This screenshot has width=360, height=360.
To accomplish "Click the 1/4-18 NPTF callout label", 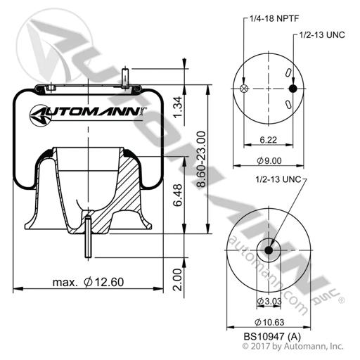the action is tap(274, 18).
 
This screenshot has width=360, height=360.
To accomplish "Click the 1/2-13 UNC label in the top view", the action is tap(322, 35).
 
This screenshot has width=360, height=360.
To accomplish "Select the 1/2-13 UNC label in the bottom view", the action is tap(278, 179).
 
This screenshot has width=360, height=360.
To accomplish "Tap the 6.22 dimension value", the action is tap(269, 140).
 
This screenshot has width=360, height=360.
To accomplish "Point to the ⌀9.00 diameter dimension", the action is tap(269, 161).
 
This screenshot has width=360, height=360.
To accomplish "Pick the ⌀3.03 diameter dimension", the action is tap(269, 302).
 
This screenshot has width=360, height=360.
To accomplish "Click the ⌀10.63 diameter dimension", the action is tap(269, 323).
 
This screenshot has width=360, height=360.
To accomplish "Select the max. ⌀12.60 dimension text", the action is tap(88, 282).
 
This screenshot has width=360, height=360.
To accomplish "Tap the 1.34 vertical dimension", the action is tap(178, 107).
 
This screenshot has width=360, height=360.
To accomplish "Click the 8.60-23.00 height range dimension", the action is tap(201, 160).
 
